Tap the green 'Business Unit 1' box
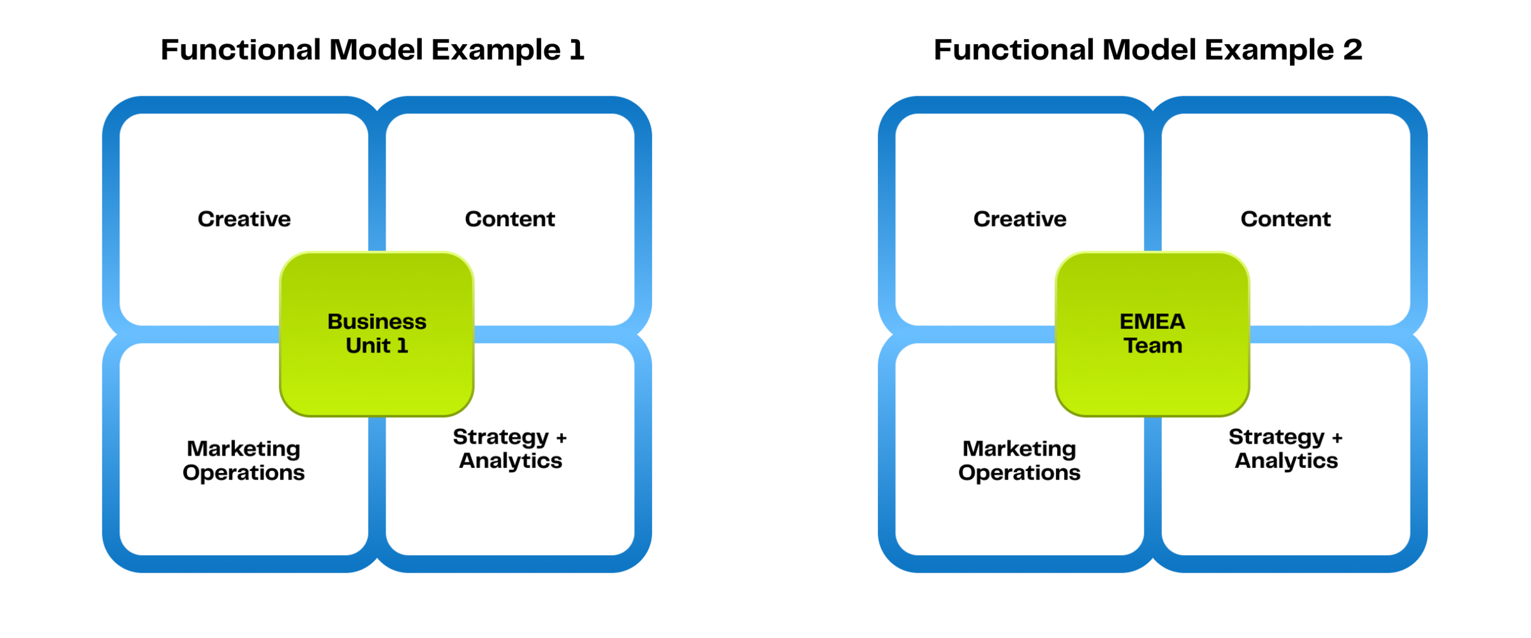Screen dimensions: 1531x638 point(377,334)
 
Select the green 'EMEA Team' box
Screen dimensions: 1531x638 point(1152,334)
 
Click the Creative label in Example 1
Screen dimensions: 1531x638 point(244,219)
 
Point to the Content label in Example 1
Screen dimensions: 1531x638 point(510,219)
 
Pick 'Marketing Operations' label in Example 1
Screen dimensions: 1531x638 point(244,460)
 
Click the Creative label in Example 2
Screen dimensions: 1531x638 point(1020,219)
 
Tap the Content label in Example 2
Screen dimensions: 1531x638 point(1285,219)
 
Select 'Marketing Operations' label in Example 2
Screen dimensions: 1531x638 point(1019,460)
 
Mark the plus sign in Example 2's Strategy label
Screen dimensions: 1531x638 point(1337,438)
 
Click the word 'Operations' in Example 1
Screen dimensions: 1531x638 point(244,473)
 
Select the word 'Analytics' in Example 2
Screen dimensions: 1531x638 point(1286,461)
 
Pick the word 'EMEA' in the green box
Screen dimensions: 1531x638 point(1152,321)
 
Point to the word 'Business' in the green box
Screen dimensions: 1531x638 point(377,321)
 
